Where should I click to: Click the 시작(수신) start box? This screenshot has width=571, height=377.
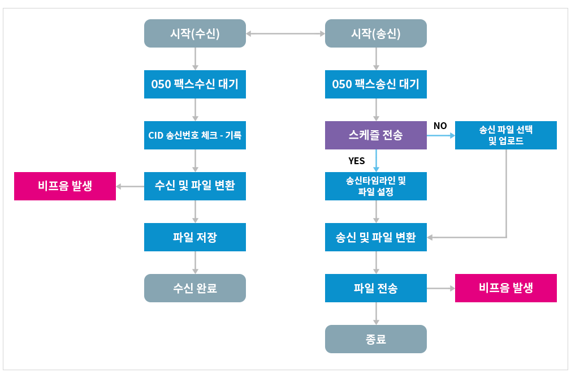pos(194,33)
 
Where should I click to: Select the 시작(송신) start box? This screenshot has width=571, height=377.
pos(375,33)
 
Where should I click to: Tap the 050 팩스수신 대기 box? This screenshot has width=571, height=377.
pos(194,84)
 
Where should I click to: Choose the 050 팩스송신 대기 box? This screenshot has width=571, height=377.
pos(375,84)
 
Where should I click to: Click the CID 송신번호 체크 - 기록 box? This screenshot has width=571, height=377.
pos(194,135)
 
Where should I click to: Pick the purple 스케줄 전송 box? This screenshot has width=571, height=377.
pos(375,135)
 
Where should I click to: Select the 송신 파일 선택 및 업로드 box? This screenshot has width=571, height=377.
pos(505,135)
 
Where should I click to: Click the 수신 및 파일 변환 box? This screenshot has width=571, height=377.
pos(194,185)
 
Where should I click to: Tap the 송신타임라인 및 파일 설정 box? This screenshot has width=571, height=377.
pos(375,186)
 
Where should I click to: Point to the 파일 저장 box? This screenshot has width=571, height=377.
pos(194,237)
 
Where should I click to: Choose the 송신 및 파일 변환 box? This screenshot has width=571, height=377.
pos(375,237)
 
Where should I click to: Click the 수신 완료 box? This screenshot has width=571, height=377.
pos(194,288)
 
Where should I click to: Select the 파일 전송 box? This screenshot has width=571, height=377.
pos(375,288)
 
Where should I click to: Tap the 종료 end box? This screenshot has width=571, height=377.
pos(375,340)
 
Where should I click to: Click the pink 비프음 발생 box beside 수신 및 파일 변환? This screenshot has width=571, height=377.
pos(64,186)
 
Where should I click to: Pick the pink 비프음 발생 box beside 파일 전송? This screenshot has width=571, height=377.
pos(505,288)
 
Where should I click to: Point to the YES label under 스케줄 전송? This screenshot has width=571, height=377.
pos(356,161)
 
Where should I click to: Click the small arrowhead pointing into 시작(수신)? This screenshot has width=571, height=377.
pos(249,33)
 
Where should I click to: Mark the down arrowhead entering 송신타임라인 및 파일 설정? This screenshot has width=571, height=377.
pos(375,169)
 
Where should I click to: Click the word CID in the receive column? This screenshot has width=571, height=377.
pos(155,135)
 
